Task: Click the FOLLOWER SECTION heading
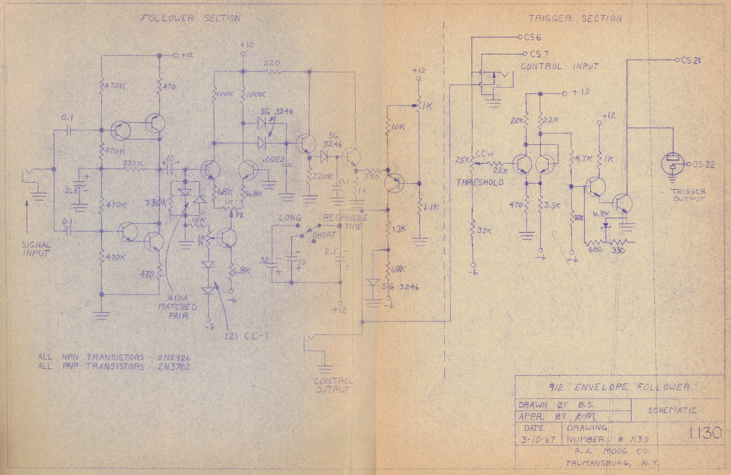click(x=190, y=18)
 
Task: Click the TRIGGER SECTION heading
click(x=575, y=18)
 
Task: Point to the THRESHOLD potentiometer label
click(x=480, y=182)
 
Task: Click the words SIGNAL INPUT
click(x=36, y=249)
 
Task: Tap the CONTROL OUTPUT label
click(x=333, y=385)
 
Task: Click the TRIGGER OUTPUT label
click(x=688, y=195)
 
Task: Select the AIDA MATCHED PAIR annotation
click(x=177, y=307)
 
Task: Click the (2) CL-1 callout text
click(x=246, y=336)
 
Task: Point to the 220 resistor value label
click(x=272, y=63)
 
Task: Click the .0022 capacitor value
click(x=274, y=159)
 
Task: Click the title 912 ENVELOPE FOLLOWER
click(x=619, y=387)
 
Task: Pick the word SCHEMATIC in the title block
click(x=671, y=411)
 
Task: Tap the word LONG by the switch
click(x=289, y=218)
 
